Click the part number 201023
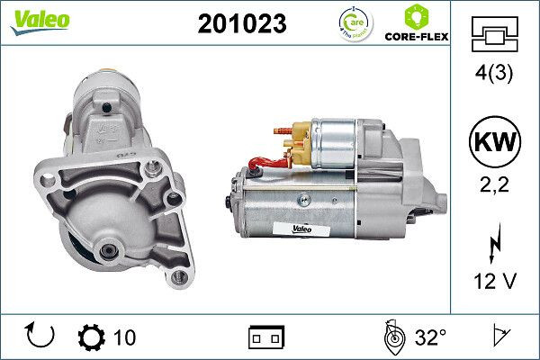click(x=240, y=24)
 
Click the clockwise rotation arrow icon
click(x=41, y=336)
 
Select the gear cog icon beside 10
click(x=92, y=337)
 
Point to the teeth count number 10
click(x=125, y=337)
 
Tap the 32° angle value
click(x=430, y=337)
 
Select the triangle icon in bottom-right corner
click(x=500, y=337)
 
